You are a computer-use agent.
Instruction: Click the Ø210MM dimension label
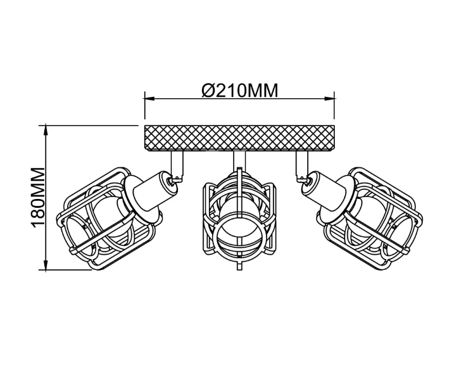click(240, 90)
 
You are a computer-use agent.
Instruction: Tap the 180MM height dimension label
click(38, 197)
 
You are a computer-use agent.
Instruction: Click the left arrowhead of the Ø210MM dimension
click(149, 99)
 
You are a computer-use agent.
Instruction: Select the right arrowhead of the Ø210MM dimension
click(329, 99)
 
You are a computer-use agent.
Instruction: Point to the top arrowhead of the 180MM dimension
click(46, 130)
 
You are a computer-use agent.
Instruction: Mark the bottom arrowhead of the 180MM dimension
click(46, 265)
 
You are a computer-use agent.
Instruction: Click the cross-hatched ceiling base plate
click(239, 138)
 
